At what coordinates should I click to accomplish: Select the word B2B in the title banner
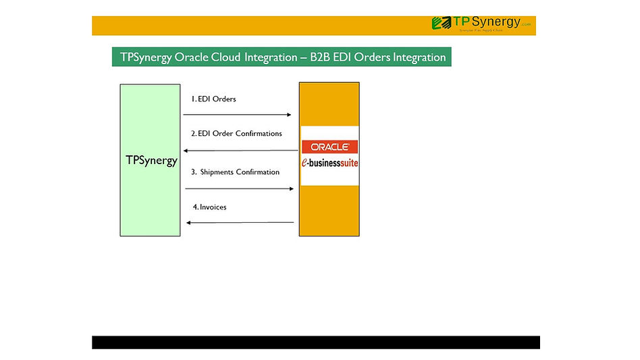(321, 57)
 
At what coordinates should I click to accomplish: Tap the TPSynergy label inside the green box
(151, 160)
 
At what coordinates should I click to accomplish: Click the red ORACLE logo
(329, 147)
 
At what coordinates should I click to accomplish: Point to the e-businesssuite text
(329, 163)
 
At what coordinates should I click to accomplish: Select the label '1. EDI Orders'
(213, 99)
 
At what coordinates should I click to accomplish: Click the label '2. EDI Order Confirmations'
(236, 134)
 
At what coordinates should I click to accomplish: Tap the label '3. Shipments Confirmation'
(235, 172)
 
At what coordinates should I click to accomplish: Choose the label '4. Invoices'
(209, 207)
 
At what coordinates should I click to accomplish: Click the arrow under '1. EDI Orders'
(237, 115)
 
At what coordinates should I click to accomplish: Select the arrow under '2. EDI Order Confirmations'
(240, 151)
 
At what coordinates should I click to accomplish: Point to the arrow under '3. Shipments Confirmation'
(240, 189)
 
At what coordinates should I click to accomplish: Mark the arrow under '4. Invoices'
(240, 222)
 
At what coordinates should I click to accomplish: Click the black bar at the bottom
(315, 342)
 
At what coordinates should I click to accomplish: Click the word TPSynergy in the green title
(145, 57)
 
